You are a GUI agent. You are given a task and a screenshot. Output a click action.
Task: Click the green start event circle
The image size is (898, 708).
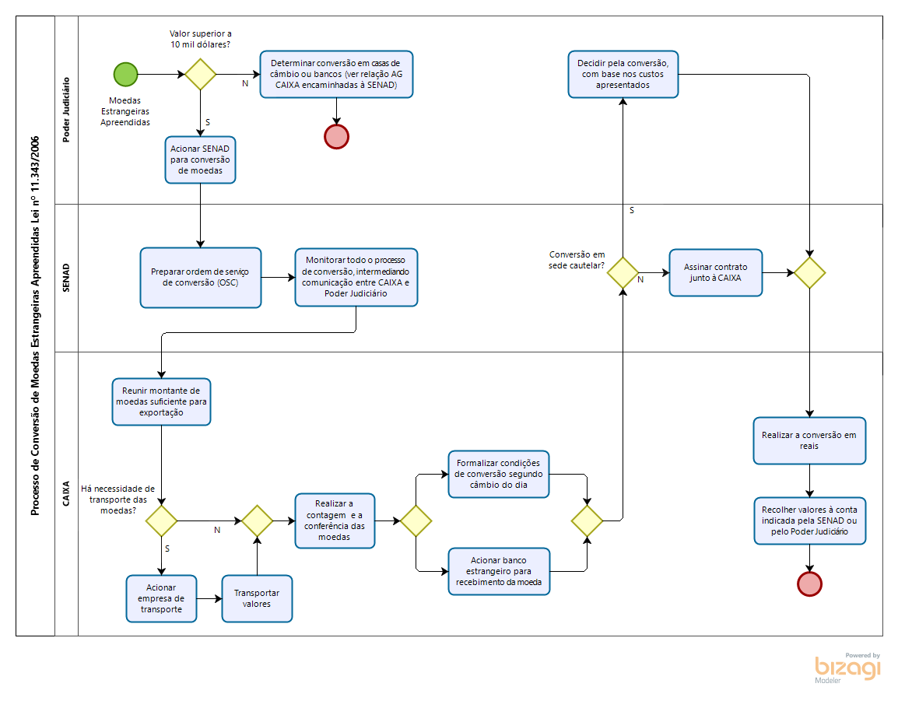click(125, 74)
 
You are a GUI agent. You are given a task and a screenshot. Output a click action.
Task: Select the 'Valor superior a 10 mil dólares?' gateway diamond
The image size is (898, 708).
click(200, 75)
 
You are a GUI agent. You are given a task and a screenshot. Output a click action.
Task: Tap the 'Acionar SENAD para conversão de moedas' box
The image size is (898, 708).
click(200, 159)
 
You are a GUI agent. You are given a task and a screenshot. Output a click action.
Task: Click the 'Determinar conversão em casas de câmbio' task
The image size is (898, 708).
click(336, 75)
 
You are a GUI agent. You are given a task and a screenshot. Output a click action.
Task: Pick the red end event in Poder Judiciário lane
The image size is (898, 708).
click(336, 136)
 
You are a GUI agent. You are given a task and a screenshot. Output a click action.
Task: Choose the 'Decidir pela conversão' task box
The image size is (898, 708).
click(623, 74)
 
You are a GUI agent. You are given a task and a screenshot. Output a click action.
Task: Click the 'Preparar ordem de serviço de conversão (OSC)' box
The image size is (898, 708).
click(201, 277)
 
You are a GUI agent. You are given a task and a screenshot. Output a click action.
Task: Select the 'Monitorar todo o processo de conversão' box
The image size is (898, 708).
click(356, 277)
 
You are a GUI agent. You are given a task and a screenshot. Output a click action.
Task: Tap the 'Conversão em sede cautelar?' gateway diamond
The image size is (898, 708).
click(623, 273)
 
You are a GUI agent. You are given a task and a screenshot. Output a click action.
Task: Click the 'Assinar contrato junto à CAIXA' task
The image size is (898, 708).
click(716, 272)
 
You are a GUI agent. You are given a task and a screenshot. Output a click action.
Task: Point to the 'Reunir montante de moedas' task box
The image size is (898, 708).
click(161, 401)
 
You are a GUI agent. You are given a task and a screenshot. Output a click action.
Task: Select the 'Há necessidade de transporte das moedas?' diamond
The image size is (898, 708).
click(161, 520)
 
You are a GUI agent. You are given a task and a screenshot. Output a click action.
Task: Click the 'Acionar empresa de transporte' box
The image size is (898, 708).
click(161, 598)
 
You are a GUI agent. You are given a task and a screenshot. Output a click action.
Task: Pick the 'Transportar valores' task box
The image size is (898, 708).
click(257, 598)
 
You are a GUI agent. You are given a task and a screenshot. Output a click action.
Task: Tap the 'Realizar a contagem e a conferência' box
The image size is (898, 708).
click(335, 520)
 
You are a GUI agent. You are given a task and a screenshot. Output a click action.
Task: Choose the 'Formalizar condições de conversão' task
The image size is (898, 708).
click(499, 474)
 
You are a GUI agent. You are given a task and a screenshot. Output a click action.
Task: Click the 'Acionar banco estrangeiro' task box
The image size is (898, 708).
click(499, 571)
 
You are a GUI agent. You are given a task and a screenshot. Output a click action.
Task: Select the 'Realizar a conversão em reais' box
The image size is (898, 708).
click(809, 440)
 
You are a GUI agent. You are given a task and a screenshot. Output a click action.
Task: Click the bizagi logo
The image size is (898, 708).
click(848, 668)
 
